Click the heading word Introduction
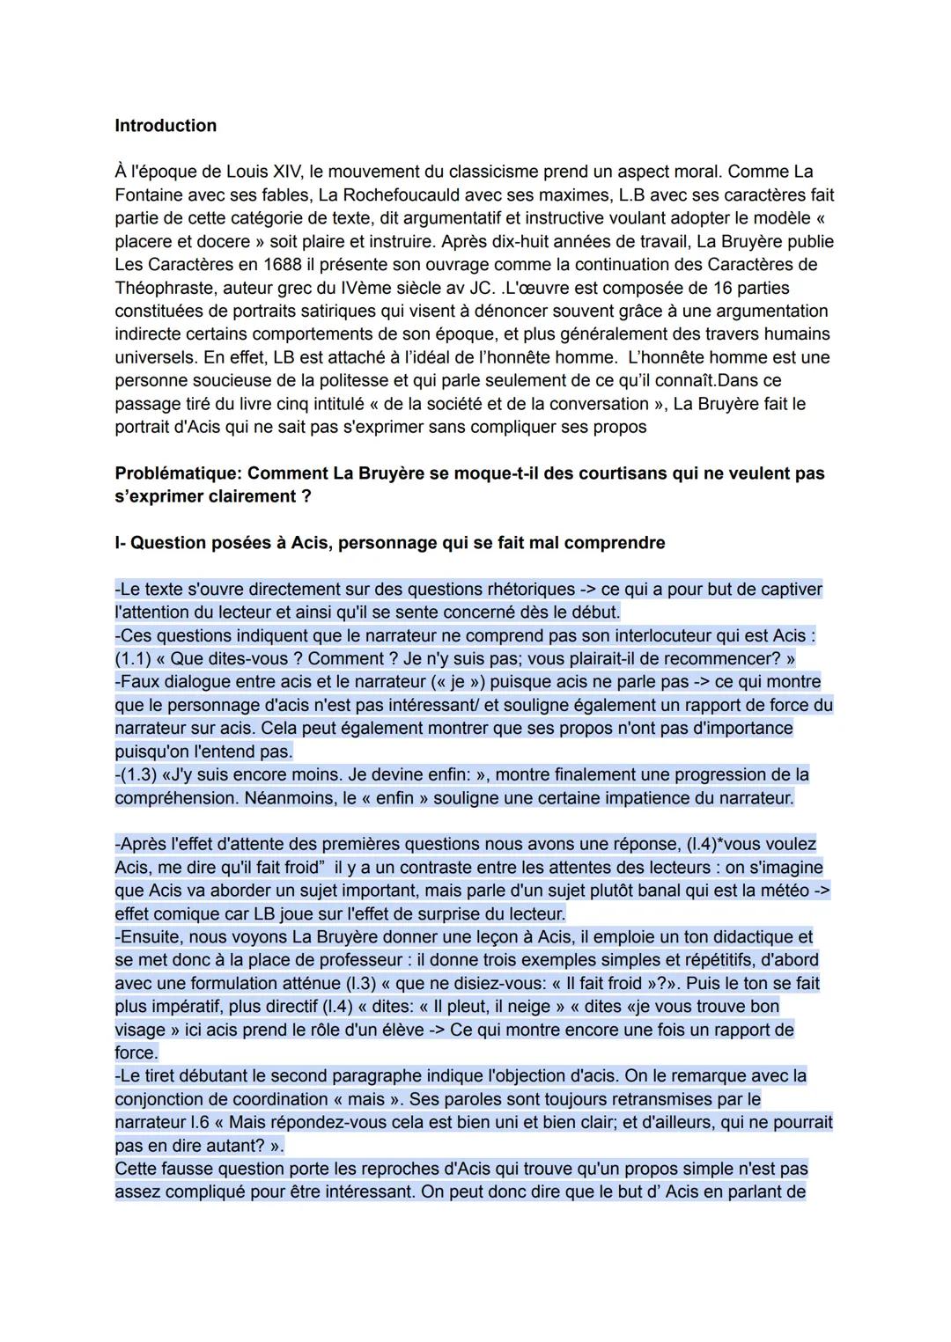(166, 126)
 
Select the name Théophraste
(166, 288)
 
